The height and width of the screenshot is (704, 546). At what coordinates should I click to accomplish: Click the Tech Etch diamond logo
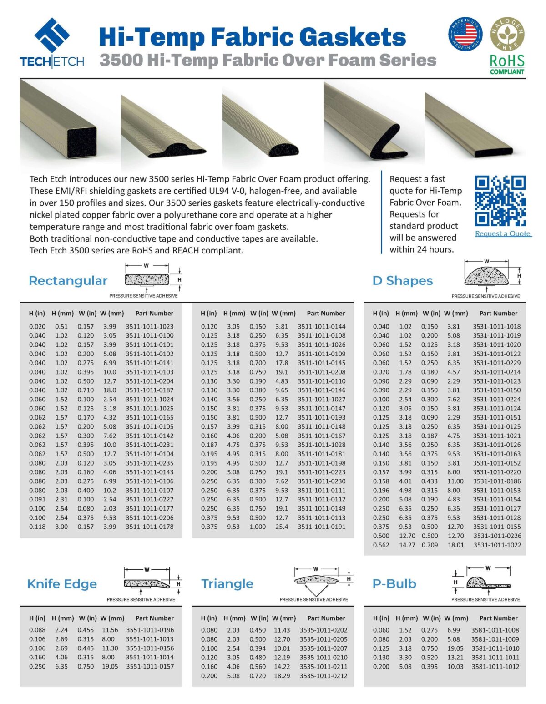click(x=52, y=35)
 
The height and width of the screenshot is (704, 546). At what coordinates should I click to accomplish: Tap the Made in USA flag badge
click(x=465, y=34)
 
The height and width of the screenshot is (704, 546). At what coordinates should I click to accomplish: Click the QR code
click(x=500, y=201)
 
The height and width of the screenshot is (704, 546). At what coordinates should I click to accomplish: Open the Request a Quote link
click(x=503, y=233)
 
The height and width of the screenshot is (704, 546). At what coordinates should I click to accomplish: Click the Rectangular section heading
click(x=68, y=281)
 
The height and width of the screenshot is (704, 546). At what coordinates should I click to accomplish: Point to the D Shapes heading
click(x=403, y=281)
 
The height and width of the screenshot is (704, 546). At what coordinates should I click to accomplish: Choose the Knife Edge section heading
click(x=62, y=584)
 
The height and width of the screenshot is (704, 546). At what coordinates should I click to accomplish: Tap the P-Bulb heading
click(x=394, y=584)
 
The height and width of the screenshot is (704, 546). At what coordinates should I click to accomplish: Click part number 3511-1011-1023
click(x=150, y=326)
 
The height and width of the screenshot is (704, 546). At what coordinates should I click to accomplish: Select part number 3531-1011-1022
click(x=497, y=545)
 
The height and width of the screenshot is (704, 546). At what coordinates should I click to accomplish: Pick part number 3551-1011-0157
click(x=150, y=666)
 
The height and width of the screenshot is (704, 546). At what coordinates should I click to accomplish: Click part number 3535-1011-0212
click(x=324, y=676)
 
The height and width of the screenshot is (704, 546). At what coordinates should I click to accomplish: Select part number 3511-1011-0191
click(x=322, y=527)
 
